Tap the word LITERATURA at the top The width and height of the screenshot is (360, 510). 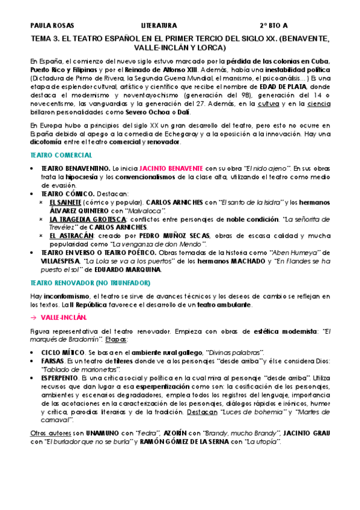point(159,26)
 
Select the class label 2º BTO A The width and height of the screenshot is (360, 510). point(273,26)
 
